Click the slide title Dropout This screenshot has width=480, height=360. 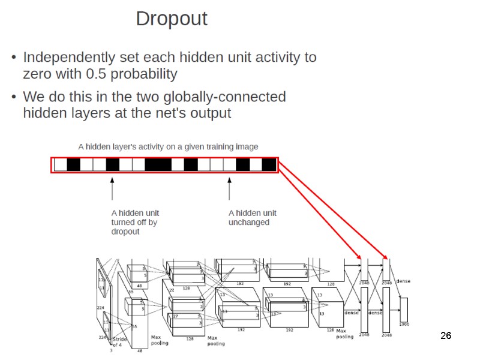172,19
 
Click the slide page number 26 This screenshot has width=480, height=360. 445,335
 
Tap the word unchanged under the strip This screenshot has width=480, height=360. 248,222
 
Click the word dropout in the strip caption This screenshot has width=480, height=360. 125,232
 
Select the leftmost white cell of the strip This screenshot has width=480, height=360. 60,164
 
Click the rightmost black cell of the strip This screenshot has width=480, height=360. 269,164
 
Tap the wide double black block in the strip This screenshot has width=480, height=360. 158,164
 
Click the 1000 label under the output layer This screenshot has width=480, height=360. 404,324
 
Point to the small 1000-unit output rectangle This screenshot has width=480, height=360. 404,308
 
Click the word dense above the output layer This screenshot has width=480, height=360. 403,281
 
